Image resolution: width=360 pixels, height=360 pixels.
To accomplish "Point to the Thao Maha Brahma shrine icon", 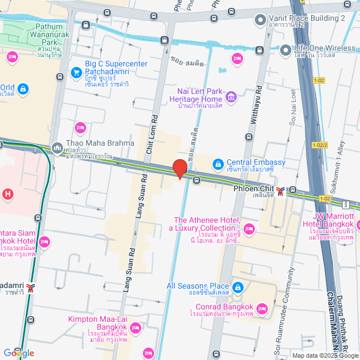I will pyautogui.click(x=57, y=148).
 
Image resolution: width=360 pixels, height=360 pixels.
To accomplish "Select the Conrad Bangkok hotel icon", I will pyautogui.click(x=262, y=308).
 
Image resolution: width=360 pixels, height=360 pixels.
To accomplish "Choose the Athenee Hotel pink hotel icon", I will pyautogui.click(x=250, y=228).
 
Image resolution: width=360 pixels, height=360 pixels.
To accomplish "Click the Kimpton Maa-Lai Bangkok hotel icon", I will pyautogui.click(x=135, y=327).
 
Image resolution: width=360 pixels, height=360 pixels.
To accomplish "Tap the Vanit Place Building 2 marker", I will pyautogui.click(x=260, y=21).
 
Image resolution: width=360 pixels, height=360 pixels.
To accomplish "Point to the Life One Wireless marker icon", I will pyautogui.click(x=286, y=49).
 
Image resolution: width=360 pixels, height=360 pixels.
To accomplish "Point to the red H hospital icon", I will pyautogui.click(x=7, y=195).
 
